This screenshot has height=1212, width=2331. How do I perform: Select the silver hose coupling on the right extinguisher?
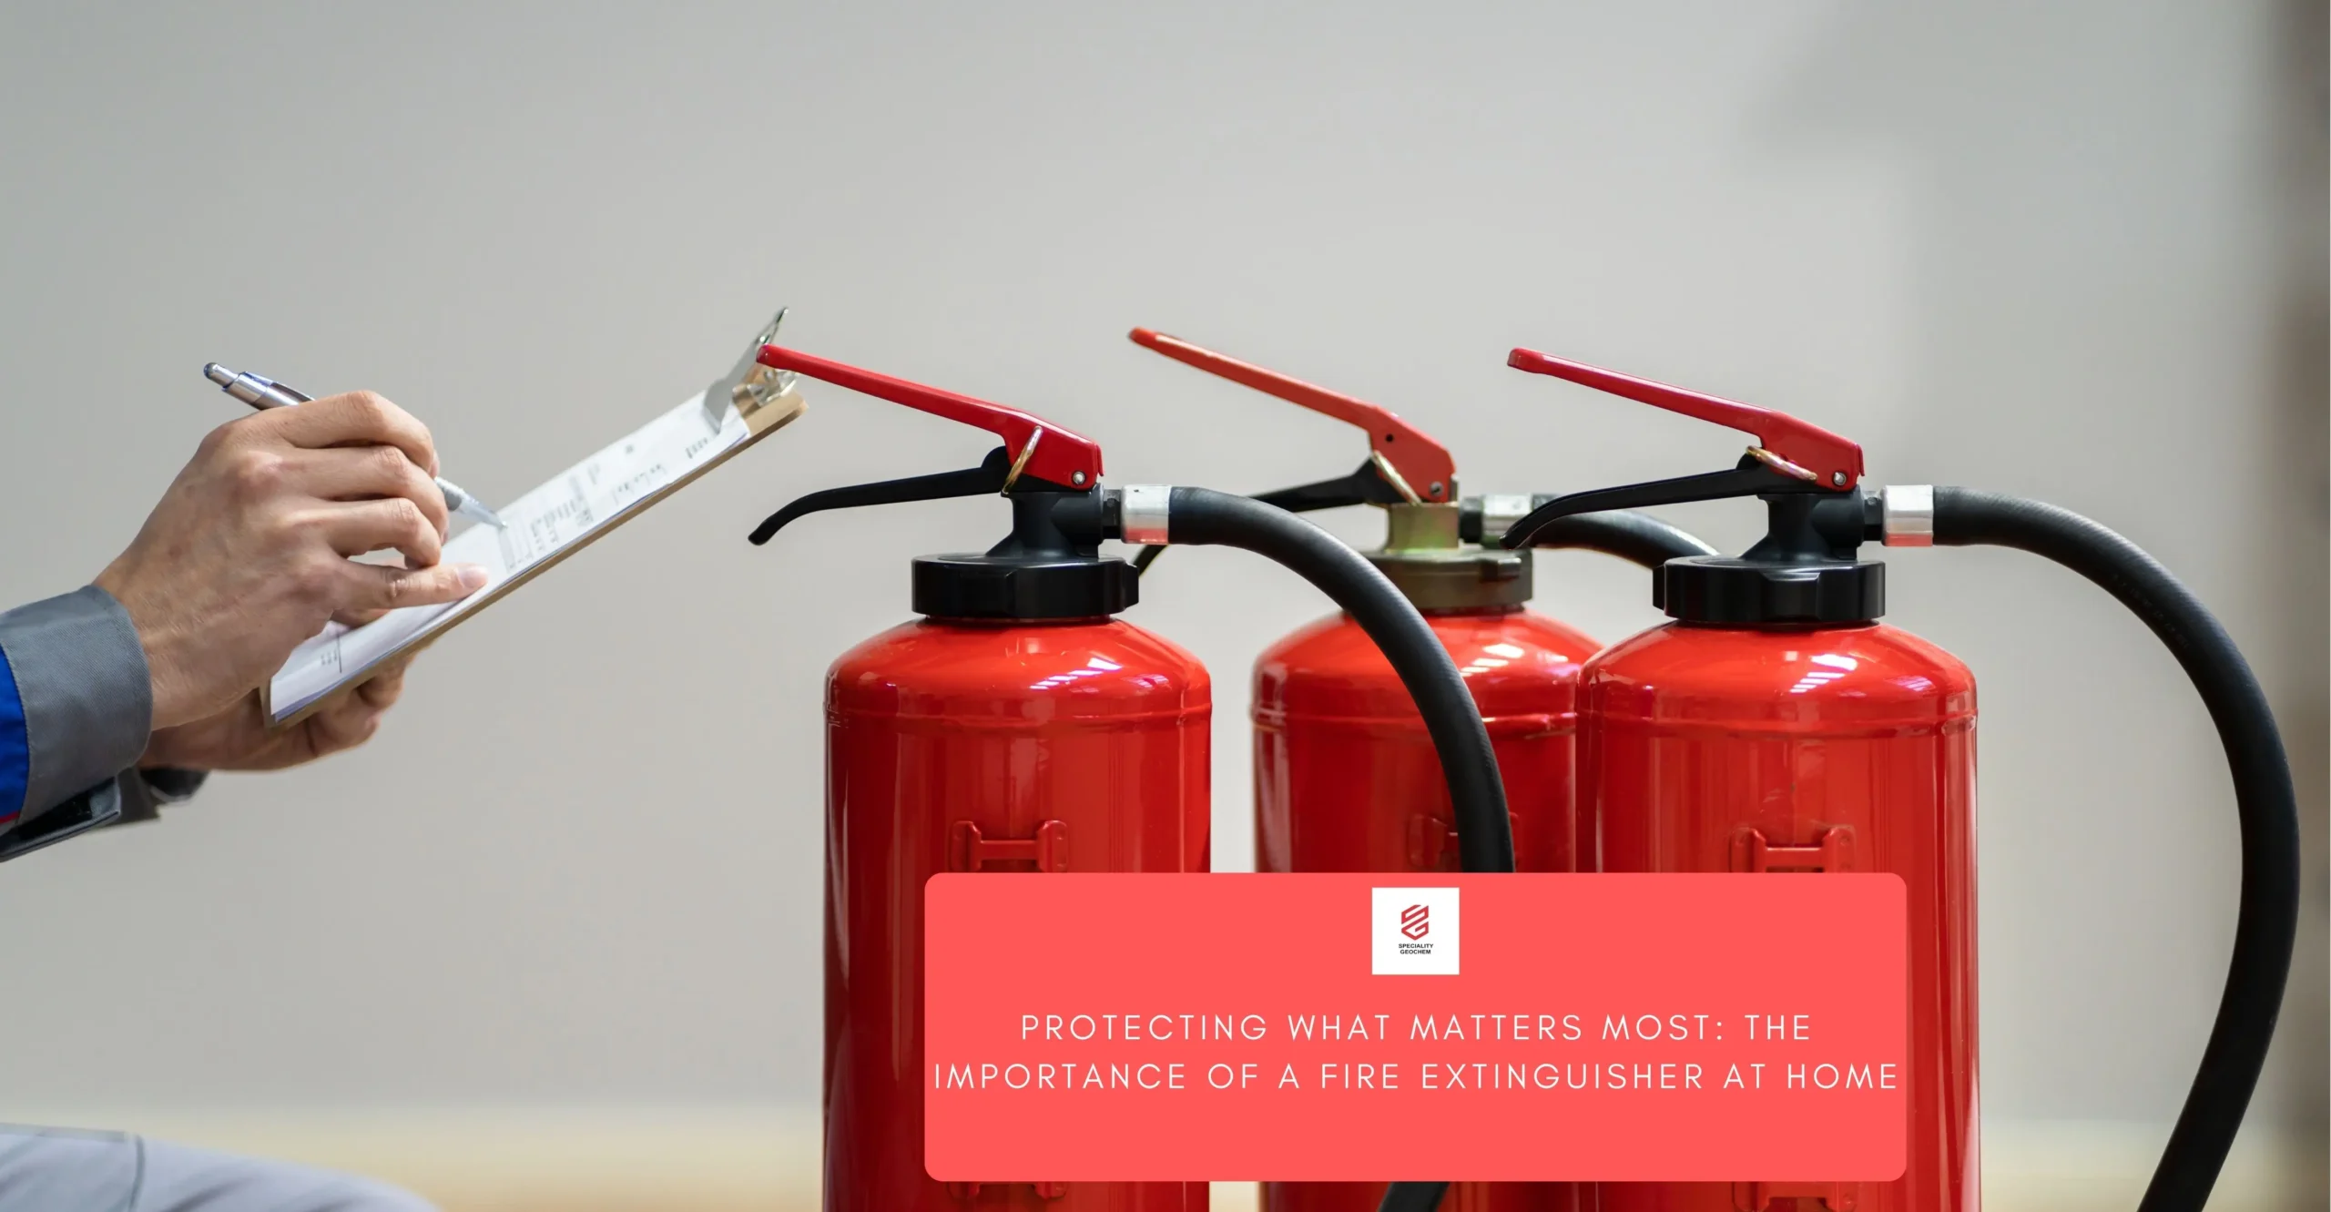1907,515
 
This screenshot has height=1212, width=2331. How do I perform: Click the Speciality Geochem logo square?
1415,931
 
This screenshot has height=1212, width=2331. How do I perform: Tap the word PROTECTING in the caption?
1144,1028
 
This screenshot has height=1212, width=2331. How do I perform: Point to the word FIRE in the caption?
1359,1077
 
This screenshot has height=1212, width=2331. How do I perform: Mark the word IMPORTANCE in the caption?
1060,1077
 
